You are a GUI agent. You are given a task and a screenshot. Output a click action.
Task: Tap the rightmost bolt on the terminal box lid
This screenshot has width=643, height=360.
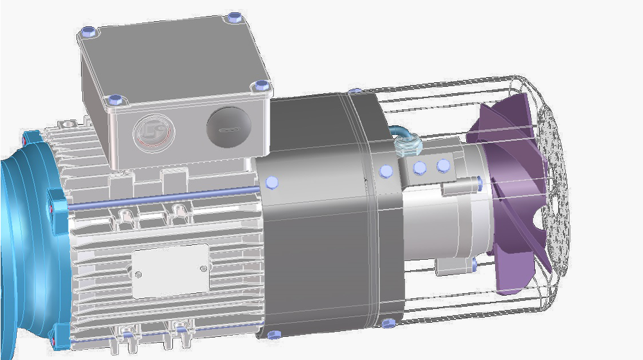point(260,85)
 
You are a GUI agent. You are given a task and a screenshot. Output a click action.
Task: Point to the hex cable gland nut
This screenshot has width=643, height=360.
point(406,148)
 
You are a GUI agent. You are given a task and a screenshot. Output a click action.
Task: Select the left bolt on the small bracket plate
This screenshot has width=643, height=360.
point(420,168)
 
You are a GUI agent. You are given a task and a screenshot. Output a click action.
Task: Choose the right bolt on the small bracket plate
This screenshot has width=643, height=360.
point(442,166)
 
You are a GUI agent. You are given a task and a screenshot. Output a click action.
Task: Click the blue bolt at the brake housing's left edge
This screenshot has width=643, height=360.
point(272,183)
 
